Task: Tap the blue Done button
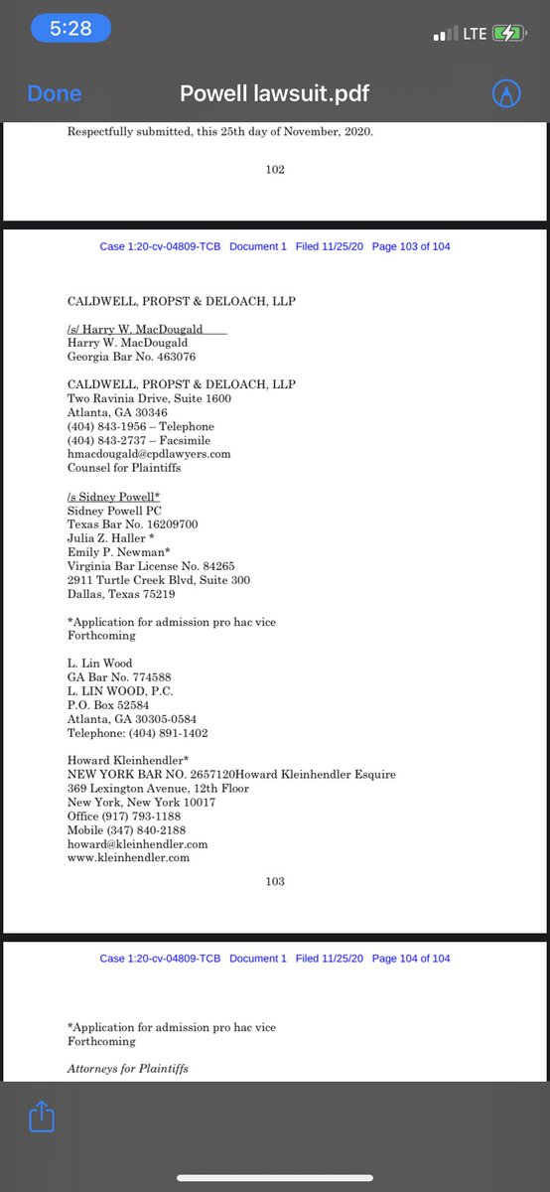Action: (x=55, y=93)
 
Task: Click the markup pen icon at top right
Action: (x=507, y=93)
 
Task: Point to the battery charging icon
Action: (x=505, y=33)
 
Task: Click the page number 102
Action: (x=275, y=170)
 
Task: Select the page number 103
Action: (x=275, y=881)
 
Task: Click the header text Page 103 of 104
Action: (x=410, y=246)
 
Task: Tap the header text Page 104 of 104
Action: (x=410, y=959)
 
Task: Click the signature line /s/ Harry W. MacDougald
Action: (x=139, y=329)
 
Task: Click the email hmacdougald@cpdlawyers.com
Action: (x=149, y=454)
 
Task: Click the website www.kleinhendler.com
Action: (x=128, y=857)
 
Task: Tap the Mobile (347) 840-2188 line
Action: (x=126, y=829)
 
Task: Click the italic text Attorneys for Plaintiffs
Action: (x=127, y=1068)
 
